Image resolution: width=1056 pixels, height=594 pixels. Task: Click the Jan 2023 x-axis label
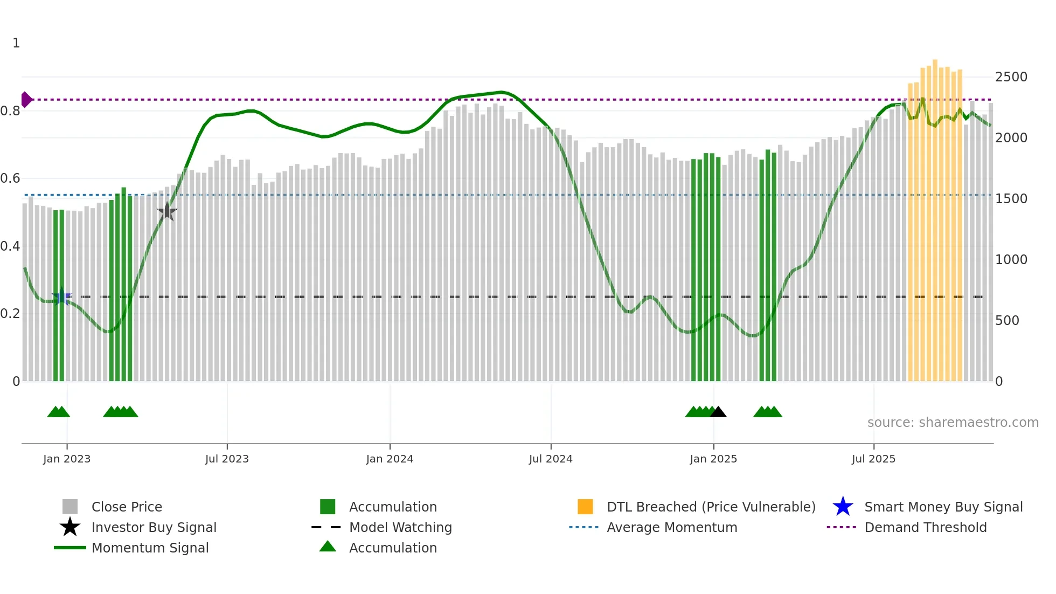click(x=67, y=459)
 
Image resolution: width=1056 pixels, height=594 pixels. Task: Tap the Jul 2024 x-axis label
click(x=551, y=459)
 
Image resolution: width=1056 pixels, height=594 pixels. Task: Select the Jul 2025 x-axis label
click(x=873, y=459)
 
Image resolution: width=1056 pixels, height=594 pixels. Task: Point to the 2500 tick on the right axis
click(x=1011, y=77)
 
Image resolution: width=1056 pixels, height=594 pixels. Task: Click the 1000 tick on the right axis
click(x=1011, y=260)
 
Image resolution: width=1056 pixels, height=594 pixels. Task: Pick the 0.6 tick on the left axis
click(x=10, y=178)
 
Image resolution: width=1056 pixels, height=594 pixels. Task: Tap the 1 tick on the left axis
click(x=16, y=43)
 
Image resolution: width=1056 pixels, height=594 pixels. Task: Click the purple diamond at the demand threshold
click(x=26, y=100)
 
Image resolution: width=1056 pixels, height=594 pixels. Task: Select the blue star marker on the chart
click(x=61, y=296)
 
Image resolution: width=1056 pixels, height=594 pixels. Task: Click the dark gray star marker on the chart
click(x=167, y=212)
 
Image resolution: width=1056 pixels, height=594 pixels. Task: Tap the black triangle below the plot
click(x=718, y=412)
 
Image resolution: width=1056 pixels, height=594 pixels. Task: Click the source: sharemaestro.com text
click(x=953, y=423)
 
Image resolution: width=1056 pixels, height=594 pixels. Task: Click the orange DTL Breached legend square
click(x=585, y=507)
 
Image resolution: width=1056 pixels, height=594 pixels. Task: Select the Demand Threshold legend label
click(x=925, y=528)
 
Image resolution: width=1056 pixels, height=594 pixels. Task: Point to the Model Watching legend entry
click(x=400, y=528)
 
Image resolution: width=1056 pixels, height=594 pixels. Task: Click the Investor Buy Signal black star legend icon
click(x=70, y=527)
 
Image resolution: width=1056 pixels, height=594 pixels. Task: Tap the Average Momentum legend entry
click(x=671, y=528)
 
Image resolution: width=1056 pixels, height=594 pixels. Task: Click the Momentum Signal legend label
click(x=150, y=548)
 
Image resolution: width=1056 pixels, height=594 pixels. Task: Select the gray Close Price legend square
click(x=70, y=507)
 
